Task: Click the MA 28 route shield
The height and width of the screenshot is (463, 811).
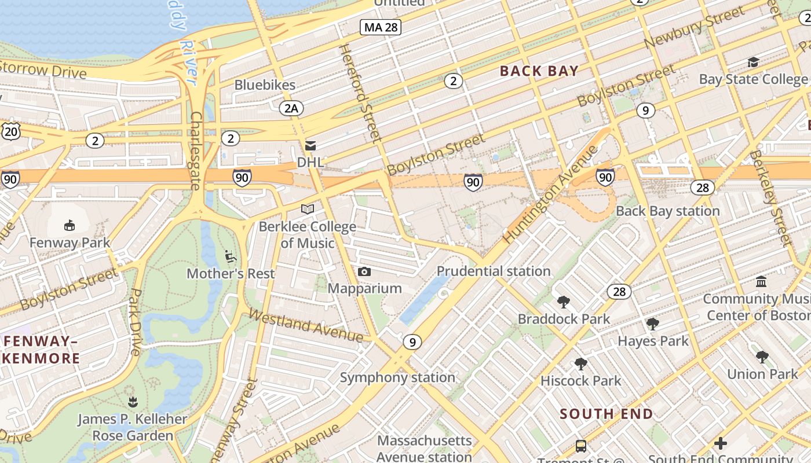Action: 380,27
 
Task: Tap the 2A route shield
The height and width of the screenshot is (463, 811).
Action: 291,108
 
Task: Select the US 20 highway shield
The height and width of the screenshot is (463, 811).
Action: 10,131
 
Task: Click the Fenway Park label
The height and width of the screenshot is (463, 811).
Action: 70,242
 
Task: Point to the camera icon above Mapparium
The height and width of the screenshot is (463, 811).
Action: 364,271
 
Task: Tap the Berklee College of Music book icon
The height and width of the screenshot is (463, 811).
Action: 308,209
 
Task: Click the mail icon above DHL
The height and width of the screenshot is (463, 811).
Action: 310,146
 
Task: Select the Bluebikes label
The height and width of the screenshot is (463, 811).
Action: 265,85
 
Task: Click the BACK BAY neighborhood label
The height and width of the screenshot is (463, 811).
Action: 539,71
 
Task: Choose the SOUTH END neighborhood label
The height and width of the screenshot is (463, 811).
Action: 606,414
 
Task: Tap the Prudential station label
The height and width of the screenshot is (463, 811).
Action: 493,271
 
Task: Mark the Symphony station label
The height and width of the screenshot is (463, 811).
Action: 397,378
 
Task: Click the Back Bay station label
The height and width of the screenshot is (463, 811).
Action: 667,211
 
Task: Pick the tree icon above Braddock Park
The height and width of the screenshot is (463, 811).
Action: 563,302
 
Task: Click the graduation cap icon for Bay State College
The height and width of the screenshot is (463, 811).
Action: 753,62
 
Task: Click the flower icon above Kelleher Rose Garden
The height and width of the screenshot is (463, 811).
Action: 133,401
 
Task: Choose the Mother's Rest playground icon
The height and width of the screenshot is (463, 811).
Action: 230,256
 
